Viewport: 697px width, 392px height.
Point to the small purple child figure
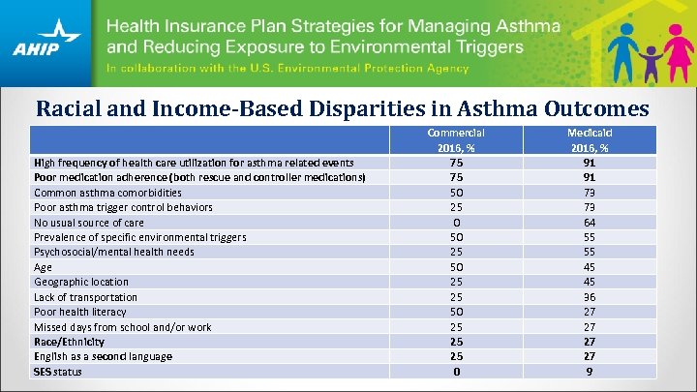[651, 60]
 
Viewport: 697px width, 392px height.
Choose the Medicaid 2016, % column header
[589, 139]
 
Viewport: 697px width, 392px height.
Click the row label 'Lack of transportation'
[85, 297]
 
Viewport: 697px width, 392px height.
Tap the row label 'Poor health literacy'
[79, 312]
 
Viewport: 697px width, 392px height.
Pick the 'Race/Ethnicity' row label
[69, 342]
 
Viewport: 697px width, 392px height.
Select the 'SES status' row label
[58, 372]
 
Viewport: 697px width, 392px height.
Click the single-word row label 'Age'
[43, 267]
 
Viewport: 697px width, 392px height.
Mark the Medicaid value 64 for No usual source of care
[589, 222]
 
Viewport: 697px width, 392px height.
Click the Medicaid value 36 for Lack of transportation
[589, 297]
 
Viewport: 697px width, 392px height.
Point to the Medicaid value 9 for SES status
[589, 372]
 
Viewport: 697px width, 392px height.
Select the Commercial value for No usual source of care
[455, 222]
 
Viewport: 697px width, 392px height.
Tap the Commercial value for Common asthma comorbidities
[455, 192]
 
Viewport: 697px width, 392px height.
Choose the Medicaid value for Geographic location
[589, 282]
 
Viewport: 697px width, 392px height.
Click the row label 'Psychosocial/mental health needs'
[113, 252]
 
